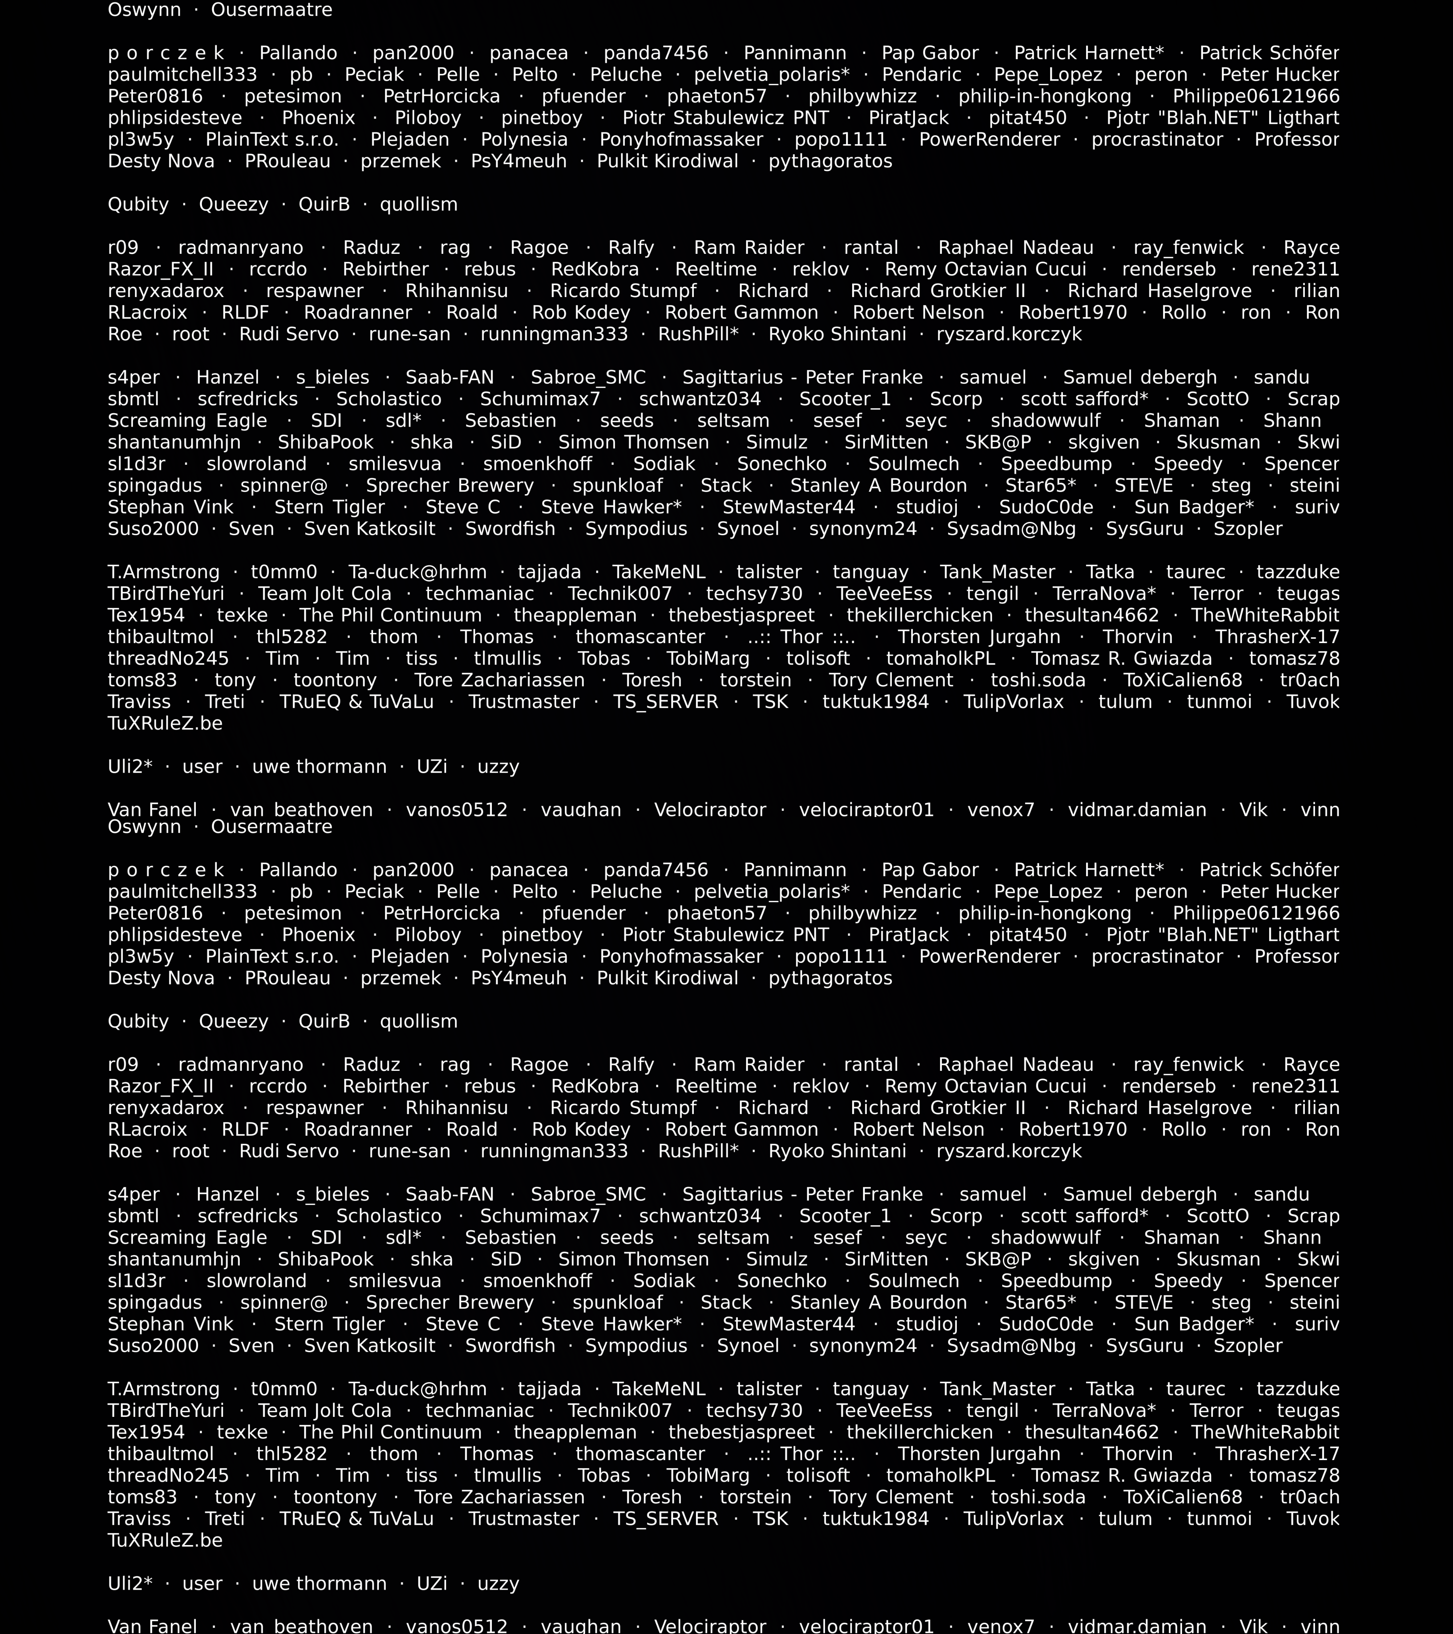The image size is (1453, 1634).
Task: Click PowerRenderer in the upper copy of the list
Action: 989,140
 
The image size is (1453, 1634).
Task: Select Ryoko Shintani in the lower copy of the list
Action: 837,1151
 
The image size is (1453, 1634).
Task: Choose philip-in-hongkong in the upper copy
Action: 1044,97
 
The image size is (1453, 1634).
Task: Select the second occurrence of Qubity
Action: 138,1022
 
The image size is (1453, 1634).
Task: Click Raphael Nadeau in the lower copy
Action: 1016,1065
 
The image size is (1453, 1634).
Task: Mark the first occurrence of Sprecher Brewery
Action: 449,486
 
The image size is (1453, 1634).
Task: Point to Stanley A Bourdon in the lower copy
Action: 878,1303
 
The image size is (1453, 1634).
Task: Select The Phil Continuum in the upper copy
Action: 390,615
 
